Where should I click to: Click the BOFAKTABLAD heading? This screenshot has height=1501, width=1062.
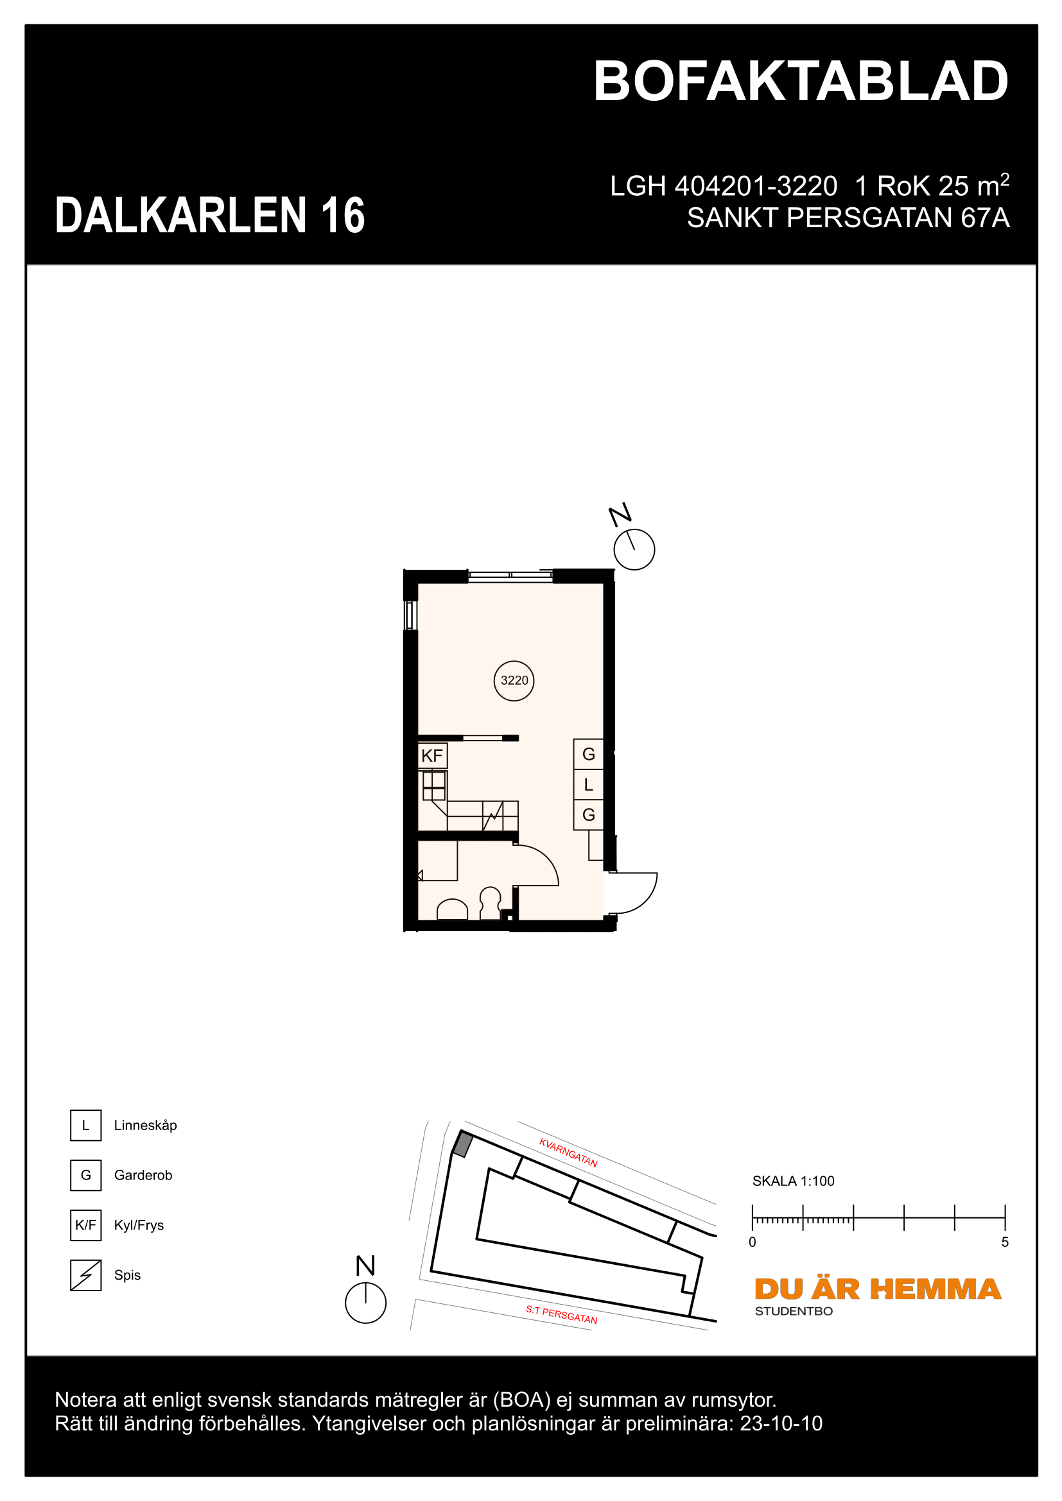(801, 81)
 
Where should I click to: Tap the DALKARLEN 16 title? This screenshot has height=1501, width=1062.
(210, 215)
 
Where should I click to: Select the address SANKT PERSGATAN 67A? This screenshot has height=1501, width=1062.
(848, 218)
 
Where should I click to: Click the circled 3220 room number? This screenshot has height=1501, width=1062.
(514, 680)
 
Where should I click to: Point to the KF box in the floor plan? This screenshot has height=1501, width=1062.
(432, 756)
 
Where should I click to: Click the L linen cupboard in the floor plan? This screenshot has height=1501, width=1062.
(589, 784)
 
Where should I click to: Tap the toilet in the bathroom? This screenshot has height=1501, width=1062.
(491, 903)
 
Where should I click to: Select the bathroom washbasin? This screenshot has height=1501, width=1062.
(452, 910)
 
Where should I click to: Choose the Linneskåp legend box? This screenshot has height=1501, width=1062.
(85, 1125)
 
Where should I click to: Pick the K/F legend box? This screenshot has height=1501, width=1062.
(85, 1225)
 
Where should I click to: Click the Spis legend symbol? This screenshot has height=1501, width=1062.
(85, 1275)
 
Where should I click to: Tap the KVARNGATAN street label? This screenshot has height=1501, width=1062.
(568, 1153)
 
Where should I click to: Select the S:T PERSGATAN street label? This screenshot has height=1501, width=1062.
(562, 1314)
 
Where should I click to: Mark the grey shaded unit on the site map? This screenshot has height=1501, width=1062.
(463, 1145)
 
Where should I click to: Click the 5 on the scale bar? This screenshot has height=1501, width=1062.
(1005, 1242)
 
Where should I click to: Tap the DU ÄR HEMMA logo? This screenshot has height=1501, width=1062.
(878, 1289)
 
